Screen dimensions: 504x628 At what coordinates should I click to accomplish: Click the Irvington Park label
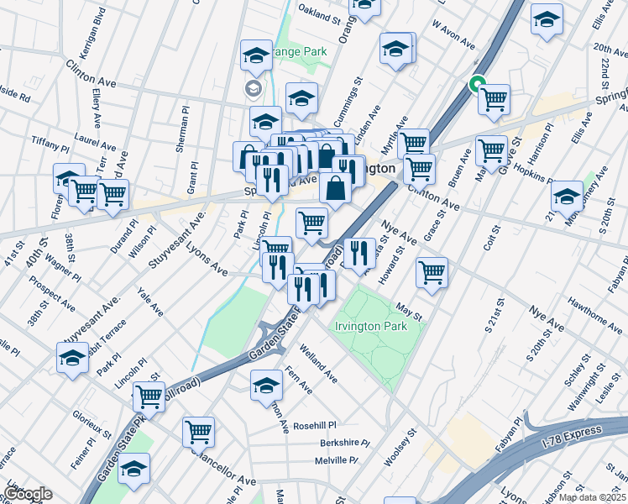(x=382, y=325)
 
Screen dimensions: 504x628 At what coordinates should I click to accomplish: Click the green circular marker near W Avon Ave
(x=476, y=84)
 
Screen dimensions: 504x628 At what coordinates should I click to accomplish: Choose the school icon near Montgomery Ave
(x=568, y=196)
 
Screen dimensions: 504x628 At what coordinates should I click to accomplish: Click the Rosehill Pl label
(x=314, y=425)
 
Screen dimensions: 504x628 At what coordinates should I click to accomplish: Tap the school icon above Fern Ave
(x=266, y=385)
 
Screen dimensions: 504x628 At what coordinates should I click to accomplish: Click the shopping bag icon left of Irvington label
(x=335, y=189)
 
